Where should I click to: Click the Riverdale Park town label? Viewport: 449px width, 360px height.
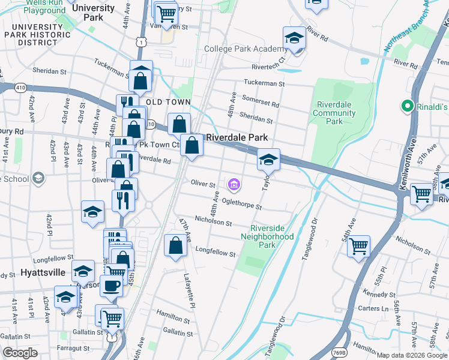237,137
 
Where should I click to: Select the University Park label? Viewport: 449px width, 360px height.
92,13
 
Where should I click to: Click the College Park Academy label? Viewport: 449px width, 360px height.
244,49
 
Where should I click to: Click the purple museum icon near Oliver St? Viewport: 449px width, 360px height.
234,184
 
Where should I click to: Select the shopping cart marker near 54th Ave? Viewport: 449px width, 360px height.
358,245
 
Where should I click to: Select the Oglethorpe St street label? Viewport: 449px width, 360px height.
241,204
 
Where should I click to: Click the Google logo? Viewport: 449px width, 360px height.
19,353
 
